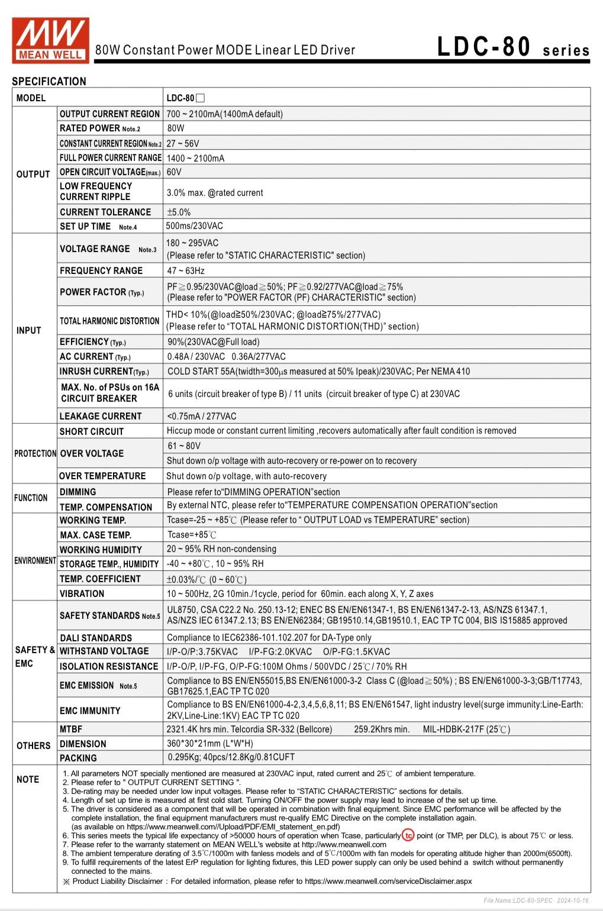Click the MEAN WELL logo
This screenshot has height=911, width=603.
coord(50,40)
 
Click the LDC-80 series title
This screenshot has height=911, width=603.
coord(512,47)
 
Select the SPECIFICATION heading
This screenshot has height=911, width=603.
coord(49,82)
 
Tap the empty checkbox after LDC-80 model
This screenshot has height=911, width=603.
coord(200,98)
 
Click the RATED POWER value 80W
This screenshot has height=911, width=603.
coord(176,128)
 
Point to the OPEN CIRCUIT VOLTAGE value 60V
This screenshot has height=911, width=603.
coord(174,172)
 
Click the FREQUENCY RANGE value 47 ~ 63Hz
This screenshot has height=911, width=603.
coord(186,271)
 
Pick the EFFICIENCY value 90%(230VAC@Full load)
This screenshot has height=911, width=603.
coord(214,342)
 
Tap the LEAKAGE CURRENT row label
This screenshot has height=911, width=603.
coord(101,416)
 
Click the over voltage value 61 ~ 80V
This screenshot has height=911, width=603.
coord(184,446)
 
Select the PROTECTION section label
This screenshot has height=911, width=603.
coord(36,454)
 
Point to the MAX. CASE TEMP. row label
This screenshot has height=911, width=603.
coord(95,535)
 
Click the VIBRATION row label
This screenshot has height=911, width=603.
coord(82,594)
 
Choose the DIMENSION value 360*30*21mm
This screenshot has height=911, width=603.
coord(209,744)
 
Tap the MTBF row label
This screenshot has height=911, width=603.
coord(71,729)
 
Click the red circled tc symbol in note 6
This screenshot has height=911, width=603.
coord(408,836)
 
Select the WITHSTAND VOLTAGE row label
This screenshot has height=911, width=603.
coord(104,651)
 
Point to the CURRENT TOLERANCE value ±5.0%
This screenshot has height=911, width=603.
coord(179,212)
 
